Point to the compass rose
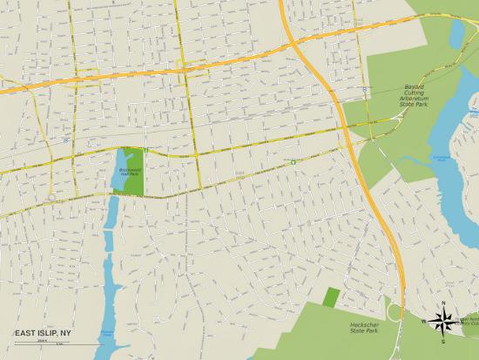(x=443, y=322)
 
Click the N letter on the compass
(x=443, y=303)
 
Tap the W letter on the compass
(x=424, y=322)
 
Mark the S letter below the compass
(x=443, y=341)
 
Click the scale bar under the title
(x=39, y=343)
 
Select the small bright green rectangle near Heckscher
(x=331, y=296)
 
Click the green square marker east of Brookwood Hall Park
(x=293, y=161)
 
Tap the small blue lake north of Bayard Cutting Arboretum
(x=457, y=32)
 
